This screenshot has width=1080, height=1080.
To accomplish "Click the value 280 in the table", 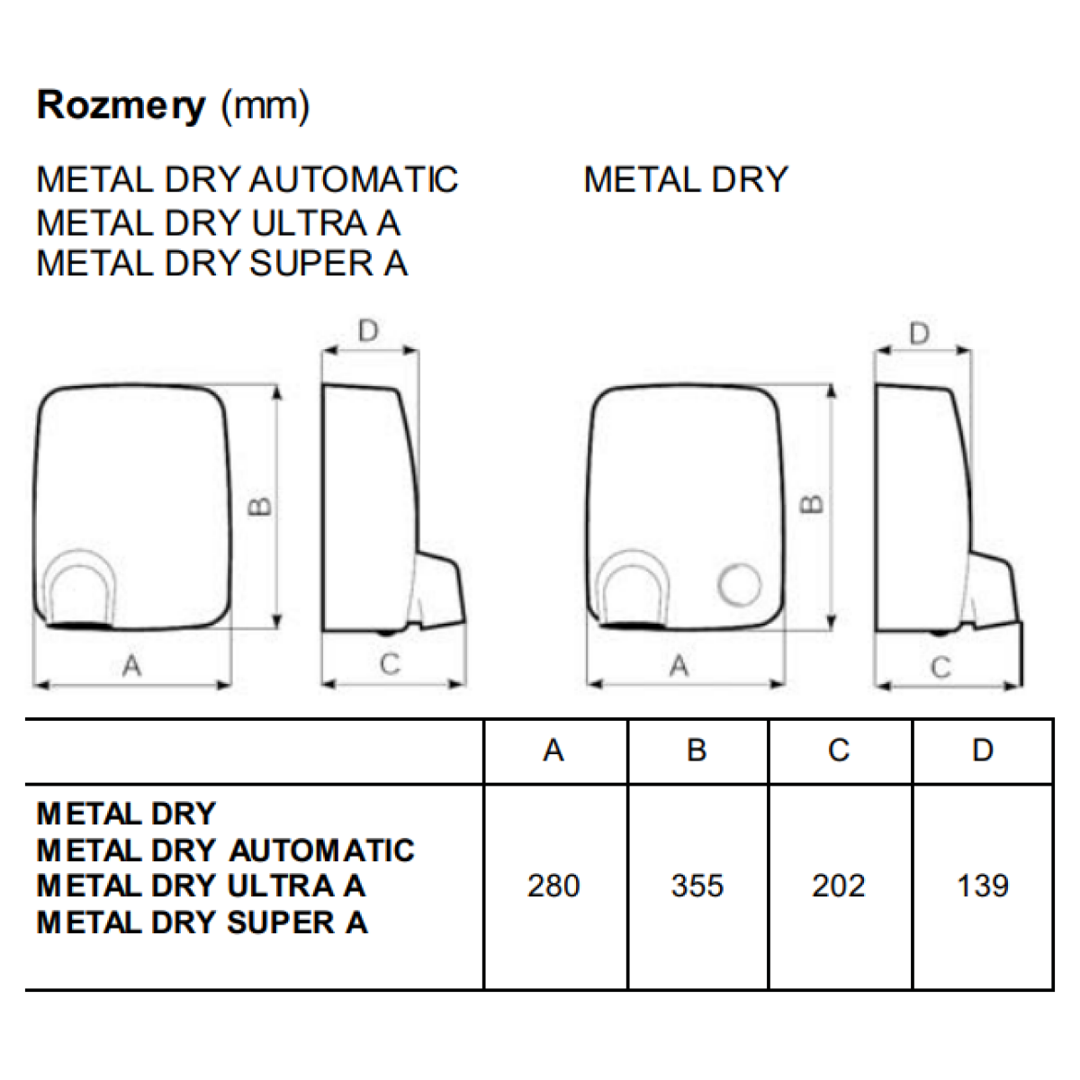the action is click(553, 886).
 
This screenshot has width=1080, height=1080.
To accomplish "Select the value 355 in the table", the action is click(697, 886).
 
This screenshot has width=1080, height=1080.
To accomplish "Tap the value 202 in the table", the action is click(839, 886).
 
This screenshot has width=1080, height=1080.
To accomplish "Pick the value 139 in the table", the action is click(983, 886).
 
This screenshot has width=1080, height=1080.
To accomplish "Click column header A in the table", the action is click(553, 750).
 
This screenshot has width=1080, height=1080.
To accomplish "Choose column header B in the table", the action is click(697, 750).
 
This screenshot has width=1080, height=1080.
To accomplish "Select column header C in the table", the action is click(839, 750).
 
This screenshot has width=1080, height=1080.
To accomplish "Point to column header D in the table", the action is click(983, 750).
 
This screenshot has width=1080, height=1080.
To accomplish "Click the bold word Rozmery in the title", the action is click(121, 106).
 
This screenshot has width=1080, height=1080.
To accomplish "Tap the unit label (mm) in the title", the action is click(265, 106).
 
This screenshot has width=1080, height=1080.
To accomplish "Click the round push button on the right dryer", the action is click(739, 585).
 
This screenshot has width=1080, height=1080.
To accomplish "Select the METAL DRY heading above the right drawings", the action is click(686, 180).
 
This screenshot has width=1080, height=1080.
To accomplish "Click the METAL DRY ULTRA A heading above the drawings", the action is click(219, 223).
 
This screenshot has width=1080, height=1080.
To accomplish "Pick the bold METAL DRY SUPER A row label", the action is click(202, 922).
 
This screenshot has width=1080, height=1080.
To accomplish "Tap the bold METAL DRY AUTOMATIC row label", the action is click(225, 850).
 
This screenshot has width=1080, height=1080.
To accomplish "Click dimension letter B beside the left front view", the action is click(259, 506).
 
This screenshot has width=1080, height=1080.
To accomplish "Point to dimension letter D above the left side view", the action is click(368, 330).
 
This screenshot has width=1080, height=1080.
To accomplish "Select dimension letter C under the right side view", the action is click(941, 668).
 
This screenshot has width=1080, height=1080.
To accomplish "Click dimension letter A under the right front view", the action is click(679, 666).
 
